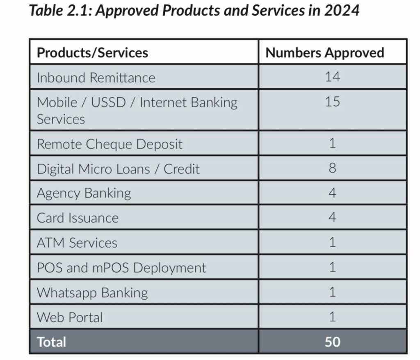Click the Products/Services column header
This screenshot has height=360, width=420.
point(92,53)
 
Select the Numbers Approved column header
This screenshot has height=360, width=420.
point(324,53)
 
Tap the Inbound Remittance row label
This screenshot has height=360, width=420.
point(96,77)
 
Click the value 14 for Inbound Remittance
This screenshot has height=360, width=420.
point(332,77)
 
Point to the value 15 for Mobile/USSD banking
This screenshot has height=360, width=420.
point(332,101)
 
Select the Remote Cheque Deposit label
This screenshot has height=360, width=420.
point(110,144)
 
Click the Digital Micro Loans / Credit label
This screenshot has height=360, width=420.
point(118,169)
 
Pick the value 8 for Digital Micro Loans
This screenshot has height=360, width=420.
point(332,169)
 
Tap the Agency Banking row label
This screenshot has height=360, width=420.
point(84,193)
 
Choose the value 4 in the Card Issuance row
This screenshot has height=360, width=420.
point(332,217)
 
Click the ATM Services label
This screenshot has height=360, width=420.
point(77,243)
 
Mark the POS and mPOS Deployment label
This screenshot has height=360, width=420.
point(121,268)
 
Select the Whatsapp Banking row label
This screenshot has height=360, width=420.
point(92,293)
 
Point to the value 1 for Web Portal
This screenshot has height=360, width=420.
point(332,317)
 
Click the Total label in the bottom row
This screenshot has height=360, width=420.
point(51,342)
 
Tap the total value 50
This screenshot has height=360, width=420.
point(332,342)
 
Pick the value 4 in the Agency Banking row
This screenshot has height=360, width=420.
point(332,193)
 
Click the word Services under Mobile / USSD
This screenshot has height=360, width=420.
point(61,119)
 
